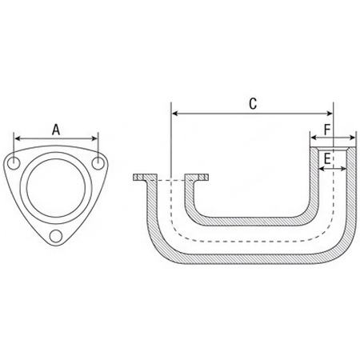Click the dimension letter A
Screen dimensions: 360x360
click(56, 130)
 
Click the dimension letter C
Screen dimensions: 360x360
click(253, 104)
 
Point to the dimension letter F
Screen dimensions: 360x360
click(327, 130)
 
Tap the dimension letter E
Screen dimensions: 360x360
click(327, 158)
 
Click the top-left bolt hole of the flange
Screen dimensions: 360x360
click(14, 163)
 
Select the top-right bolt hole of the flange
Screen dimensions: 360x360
click(98, 163)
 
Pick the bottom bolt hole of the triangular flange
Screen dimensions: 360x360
click(56, 236)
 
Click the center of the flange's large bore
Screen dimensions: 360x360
click(56, 188)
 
